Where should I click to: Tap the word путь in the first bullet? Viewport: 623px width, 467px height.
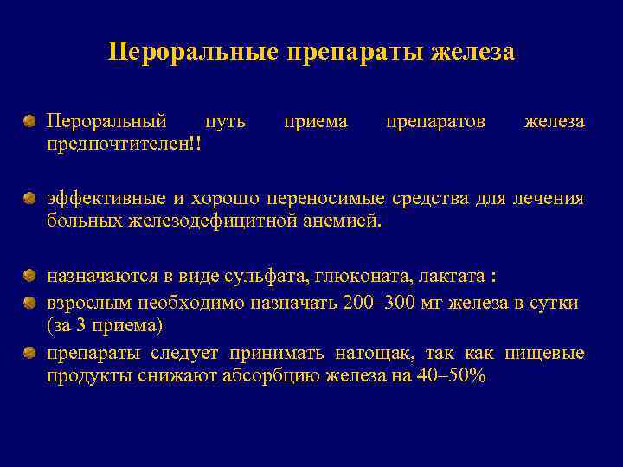(x=226, y=122)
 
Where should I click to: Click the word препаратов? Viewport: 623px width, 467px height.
(x=435, y=122)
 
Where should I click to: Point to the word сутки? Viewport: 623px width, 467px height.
(x=554, y=303)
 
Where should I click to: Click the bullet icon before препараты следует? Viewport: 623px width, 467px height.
(x=30, y=352)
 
